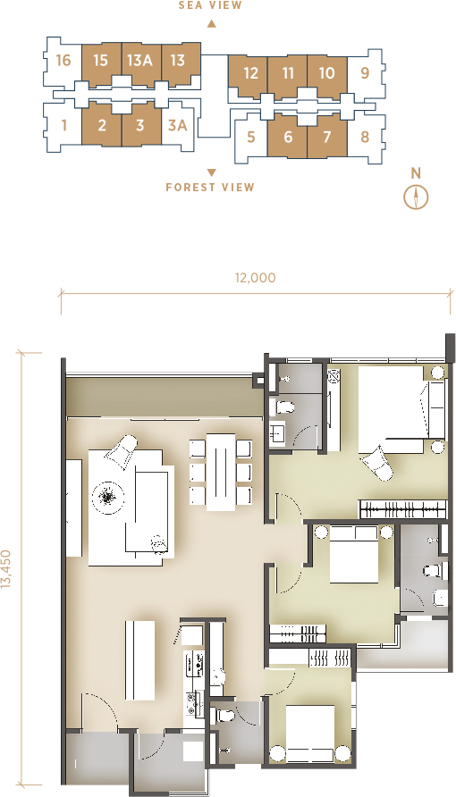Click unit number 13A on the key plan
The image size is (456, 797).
click(139, 61)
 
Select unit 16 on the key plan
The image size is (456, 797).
click(63, 61)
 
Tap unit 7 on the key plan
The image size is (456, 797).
click(327, 137)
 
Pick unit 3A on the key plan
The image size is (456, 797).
click(177, 125)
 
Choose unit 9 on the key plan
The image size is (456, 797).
click(365, 73)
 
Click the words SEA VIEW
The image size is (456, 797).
click(210, 5)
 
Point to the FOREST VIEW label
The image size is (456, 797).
click(210, 187)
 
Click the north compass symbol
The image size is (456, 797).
click(416, 197)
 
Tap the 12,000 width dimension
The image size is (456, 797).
click(255, 278)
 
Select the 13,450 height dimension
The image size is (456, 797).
click(6, 569)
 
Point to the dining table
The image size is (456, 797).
click(221, 472)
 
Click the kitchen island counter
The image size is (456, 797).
click(139, 659)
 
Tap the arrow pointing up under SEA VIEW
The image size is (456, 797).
click(212, 23)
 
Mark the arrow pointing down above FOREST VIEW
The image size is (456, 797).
click(212, 172)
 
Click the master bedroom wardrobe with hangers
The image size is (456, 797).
click(402, 508)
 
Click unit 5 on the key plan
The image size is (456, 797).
click(250, 138)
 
